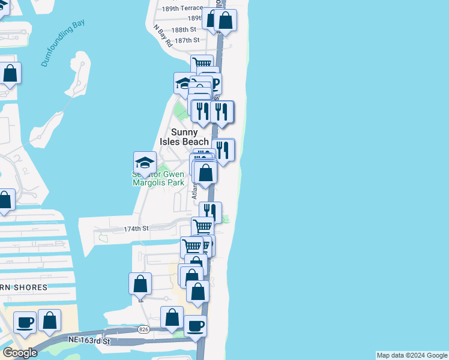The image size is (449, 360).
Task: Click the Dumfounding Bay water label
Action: pos(63,44)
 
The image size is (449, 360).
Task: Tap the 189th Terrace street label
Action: pos(182,8)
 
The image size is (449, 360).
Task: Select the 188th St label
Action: pos(184,29)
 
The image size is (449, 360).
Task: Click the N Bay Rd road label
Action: pos(163,35)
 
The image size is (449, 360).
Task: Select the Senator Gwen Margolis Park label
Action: pos(158,179)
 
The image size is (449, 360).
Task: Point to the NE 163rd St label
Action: pos(90,341)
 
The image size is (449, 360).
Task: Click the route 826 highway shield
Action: pos(143,329)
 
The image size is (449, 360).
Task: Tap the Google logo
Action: pos(20,353)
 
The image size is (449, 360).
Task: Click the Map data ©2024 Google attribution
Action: pos(412,355)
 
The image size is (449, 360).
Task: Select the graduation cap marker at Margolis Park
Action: pos(145,163)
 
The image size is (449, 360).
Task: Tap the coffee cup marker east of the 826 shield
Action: pos(195,326)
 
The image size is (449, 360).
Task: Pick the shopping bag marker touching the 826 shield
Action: pos(172,317)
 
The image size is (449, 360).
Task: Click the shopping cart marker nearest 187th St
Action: pos(202,64)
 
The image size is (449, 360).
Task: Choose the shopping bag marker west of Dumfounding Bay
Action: pos(10,73)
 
